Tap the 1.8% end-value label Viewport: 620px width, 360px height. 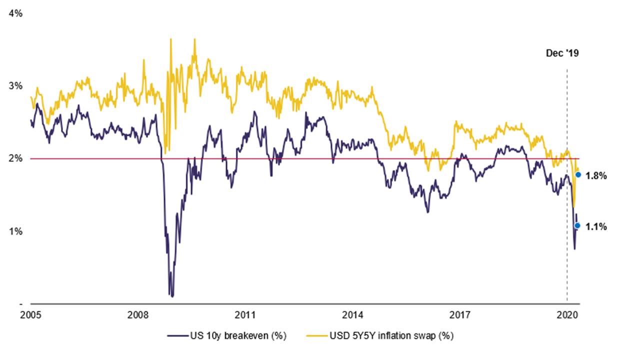click(596, 176)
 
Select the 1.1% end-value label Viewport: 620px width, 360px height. click(596, 227)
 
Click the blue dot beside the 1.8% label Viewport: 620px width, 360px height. click(578, 174)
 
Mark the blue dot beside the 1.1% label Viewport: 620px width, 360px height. click(577, 225)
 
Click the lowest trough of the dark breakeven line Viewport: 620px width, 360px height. click(172, 296)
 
